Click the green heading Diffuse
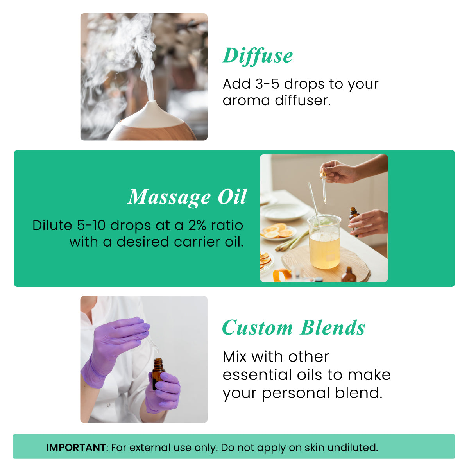click(x=257, y=56)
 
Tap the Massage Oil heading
click(x=187, y=197)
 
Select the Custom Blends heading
click(x=293, y=328)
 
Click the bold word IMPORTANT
click(x=76, y=448)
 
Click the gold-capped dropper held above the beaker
click(x=324, y=186)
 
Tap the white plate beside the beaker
click(x=285, y=212)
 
